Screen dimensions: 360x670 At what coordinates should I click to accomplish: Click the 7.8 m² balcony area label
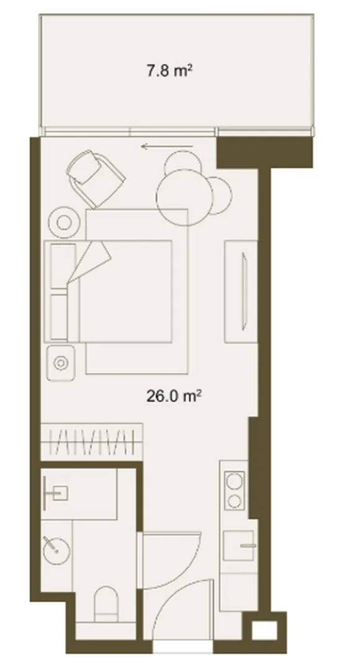coord(169,69)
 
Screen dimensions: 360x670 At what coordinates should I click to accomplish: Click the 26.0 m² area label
coord(174,396)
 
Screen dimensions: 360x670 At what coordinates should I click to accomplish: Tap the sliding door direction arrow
coord(167,147)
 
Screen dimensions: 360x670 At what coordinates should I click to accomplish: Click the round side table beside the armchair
coord(64,223)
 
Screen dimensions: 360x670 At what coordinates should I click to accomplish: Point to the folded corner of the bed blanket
coord(90,260)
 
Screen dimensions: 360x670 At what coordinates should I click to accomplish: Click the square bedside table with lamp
coord(61,363)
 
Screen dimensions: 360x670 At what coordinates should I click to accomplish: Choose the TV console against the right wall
coord(241,292)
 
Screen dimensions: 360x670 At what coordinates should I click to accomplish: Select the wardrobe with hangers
coord(91,442)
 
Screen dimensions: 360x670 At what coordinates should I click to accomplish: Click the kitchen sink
coord(238,545)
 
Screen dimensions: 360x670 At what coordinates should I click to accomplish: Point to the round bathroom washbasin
coord(56,550)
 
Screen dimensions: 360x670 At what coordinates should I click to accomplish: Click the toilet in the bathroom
coord(105,604)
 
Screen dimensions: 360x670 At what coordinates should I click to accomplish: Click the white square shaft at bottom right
coord(264,630)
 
